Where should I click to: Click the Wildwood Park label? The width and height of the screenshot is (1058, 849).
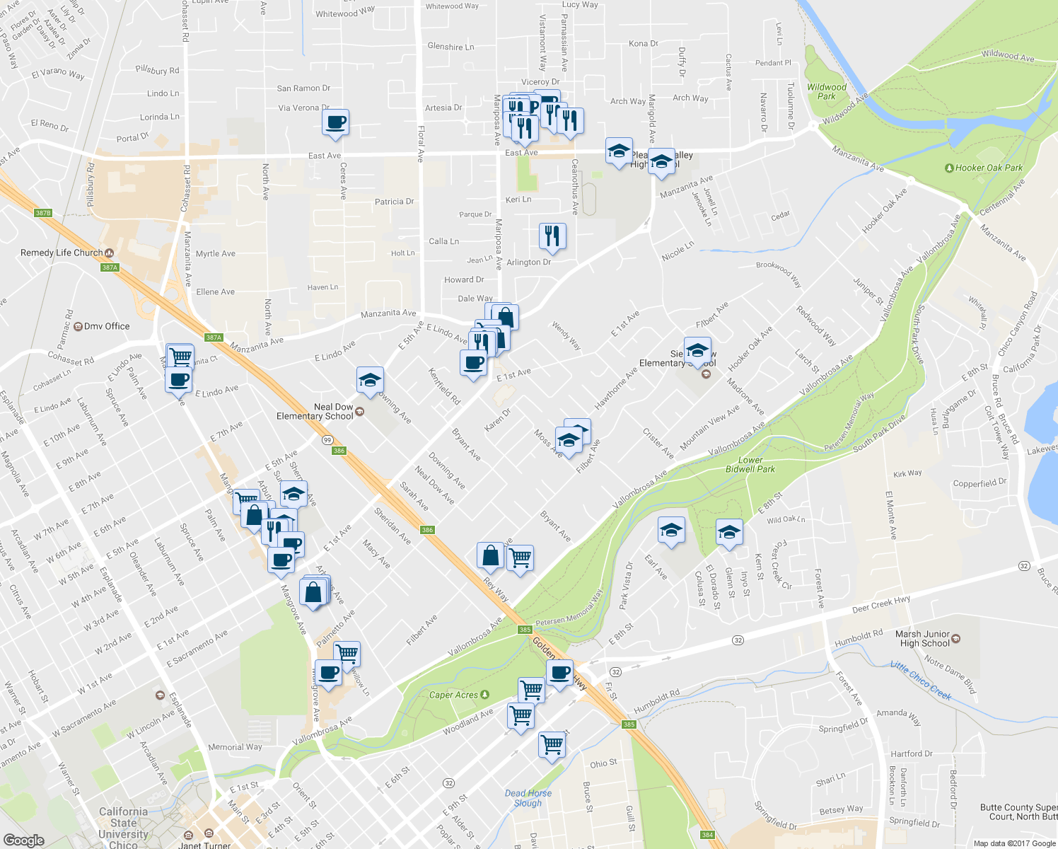(827, 92)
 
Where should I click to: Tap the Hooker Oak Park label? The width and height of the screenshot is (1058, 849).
(989, 168)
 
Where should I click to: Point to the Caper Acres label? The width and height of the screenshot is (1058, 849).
(453, 695)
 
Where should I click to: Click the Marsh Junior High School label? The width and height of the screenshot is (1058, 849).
(922, 638)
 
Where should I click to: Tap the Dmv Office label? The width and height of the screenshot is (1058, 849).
(107, 326)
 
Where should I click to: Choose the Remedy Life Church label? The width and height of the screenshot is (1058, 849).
(62, 253)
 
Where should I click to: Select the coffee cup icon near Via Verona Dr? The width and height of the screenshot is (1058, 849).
(336, 122)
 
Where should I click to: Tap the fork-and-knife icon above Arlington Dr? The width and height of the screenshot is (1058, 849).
(552, 236)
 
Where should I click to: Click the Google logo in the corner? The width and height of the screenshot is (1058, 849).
(23, 840)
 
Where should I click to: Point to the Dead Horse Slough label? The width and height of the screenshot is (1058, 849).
(528, 798)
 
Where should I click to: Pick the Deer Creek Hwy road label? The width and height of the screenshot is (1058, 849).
(881, 604)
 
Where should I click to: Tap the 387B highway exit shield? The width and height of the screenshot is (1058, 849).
(43, 213)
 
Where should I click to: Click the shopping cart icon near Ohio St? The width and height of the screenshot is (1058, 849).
(552, 744)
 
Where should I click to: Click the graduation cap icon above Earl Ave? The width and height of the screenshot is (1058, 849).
(671, 530)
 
